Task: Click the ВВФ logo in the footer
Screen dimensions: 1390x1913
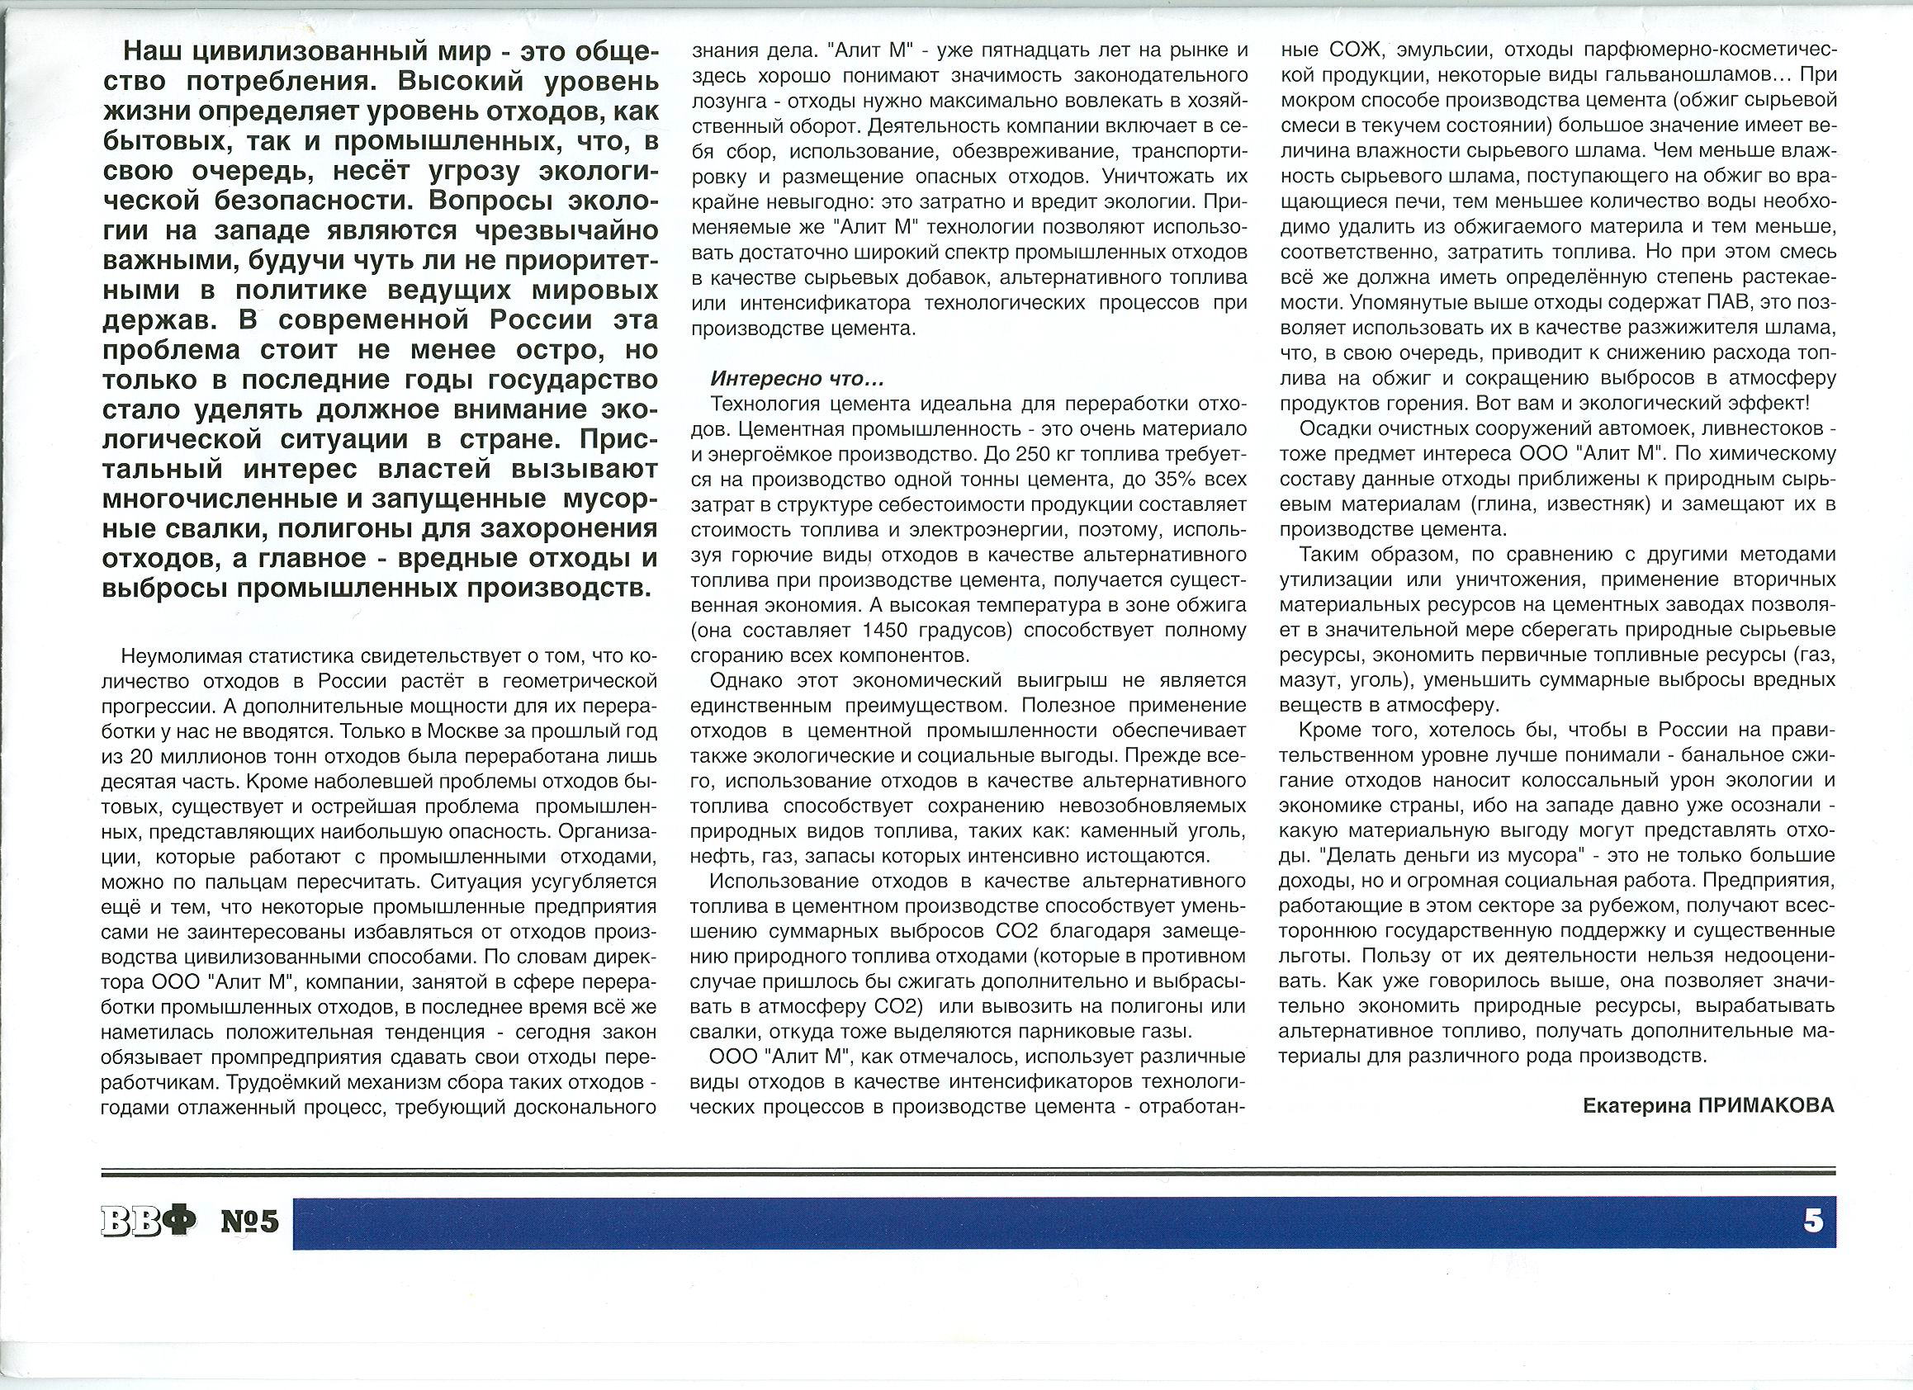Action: (x=149, y=1222)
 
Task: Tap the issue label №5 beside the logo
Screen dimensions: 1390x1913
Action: (x=249, y=1222)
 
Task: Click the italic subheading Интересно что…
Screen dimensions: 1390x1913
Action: (x=797, y=379)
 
